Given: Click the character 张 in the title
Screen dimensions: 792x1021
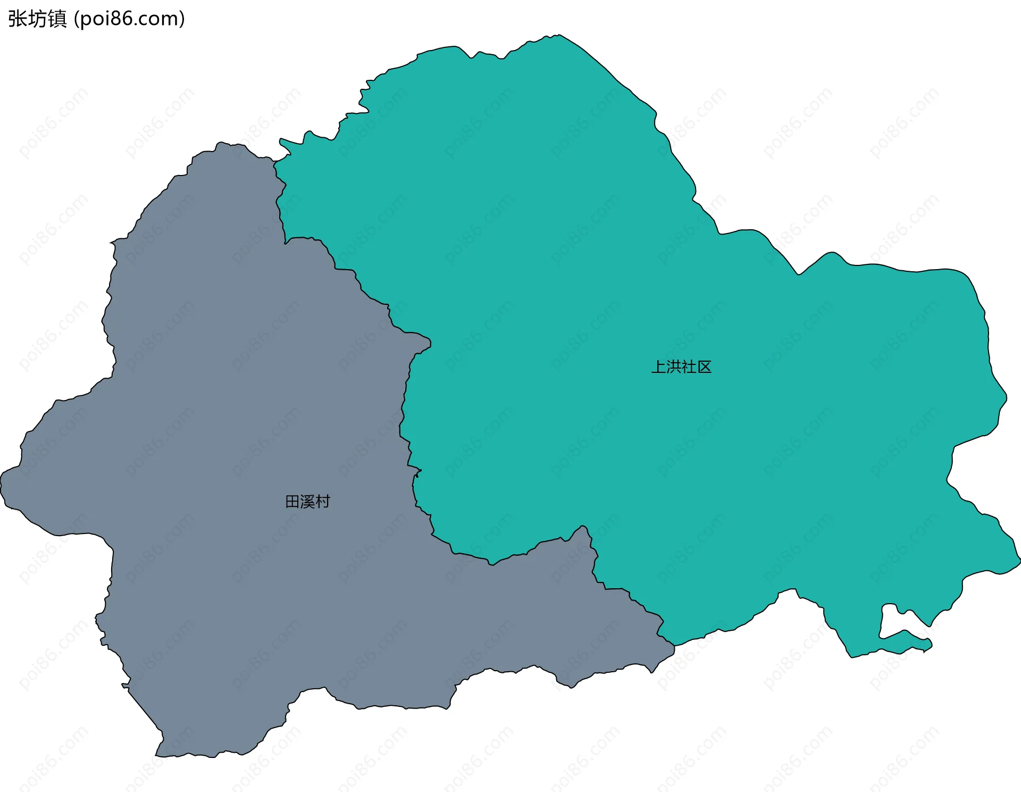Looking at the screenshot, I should pyautogui.click(x=18, y=19).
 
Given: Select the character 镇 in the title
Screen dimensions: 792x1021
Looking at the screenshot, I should pyautogui.click(x=57, y=19).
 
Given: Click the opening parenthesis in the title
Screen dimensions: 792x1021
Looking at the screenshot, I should pyautogui.click(x=76, y=20).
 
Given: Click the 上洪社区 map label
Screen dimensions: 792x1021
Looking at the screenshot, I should pyautogui.click(x=681, y=367).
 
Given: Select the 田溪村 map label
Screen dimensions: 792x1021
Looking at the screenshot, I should pyautogui.click(x=307, y=502).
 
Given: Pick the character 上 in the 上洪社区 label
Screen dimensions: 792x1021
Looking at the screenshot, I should pyautogui.click(x=659, y=367).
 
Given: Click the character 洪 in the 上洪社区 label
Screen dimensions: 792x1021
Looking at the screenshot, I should pyautogui.click(x=674, y=367).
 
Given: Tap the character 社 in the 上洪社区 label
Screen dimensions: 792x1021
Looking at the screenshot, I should pyautogui.click(x=689, y=367).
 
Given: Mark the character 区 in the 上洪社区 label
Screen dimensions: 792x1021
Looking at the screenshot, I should pyautogui.click(x=704, y=367).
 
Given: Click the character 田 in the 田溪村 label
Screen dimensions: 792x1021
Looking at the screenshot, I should pyautogui.click(x=292, y=502).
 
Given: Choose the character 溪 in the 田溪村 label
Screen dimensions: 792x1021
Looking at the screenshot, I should pyautogui.click(x=307, y=502).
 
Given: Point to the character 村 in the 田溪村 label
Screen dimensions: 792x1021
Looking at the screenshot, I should pyautogui.click(x=323, y=502).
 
